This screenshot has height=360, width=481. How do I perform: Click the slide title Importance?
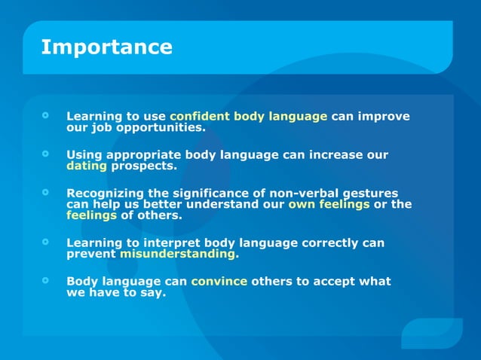[x=106, y=47]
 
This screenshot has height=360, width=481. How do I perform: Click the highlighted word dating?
[x=87, y=166]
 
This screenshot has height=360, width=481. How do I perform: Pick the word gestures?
[x=369, y=194]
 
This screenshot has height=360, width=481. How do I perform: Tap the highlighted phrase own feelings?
[x=329, y=204]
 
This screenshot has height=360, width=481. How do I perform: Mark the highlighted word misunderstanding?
[x=179, y=254]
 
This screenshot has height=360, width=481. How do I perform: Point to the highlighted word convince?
[x=219, y=282]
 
